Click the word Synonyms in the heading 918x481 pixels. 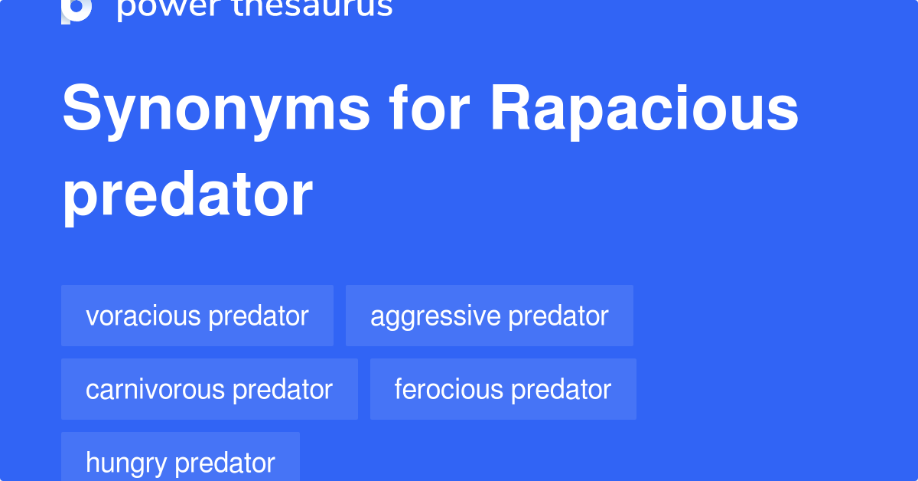[216, 109]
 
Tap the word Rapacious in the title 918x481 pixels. [644, 109]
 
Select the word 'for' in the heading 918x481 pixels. [430, 109]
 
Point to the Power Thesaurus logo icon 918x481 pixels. [76, 9]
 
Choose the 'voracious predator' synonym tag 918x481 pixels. [197, 316]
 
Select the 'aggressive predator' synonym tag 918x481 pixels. [490, 316]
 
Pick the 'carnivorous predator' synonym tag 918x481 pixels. [210, 389]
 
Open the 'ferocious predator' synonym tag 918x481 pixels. [503, 389]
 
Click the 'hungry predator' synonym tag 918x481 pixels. [181, 461]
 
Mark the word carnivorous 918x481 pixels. [155, 389]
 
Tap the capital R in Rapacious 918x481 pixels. [512, 109]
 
